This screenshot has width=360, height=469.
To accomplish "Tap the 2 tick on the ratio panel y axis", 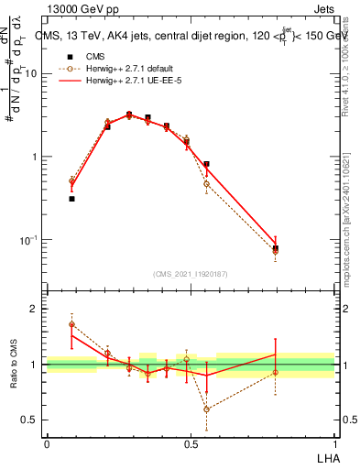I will pyautogui.click(x=35, y=309).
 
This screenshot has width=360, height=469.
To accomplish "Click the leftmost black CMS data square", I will pyautogui.click(x=71, y=198).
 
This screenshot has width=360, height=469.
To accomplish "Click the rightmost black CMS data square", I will pyautogui.click(x=276, y=248).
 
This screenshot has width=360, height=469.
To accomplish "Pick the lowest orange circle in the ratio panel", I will pyautogui.click(x=206, y=409).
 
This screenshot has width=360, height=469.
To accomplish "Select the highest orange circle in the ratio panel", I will pyautogui.click(x=71, y=324).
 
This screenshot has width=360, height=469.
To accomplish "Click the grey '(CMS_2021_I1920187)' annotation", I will pyautogui.click(x=191, y=273).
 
